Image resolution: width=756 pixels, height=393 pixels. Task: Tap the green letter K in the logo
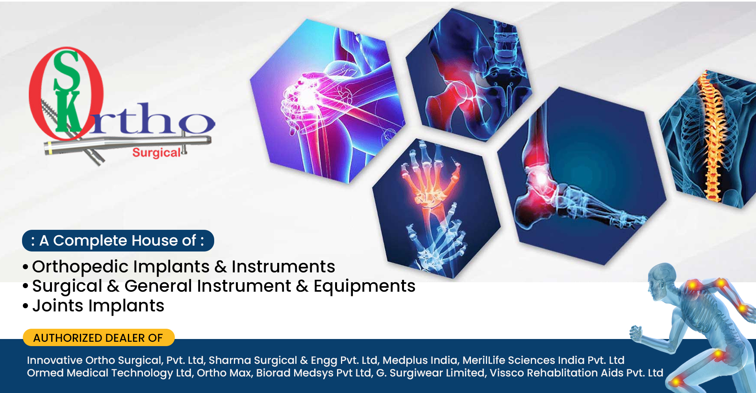[x=69, y=112]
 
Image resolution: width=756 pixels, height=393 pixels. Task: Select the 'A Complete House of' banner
[x=118, y=240]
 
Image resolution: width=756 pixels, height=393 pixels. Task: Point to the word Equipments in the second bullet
[x=364, y=287]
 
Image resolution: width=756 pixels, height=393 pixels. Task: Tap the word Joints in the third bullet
[x=58, y=306]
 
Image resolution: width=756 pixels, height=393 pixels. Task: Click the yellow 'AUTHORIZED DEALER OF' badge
[x=98, y=337]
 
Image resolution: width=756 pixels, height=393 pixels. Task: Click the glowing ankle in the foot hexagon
[x=539, y=177]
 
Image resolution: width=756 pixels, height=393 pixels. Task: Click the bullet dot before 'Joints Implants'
[x=26, y=306]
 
